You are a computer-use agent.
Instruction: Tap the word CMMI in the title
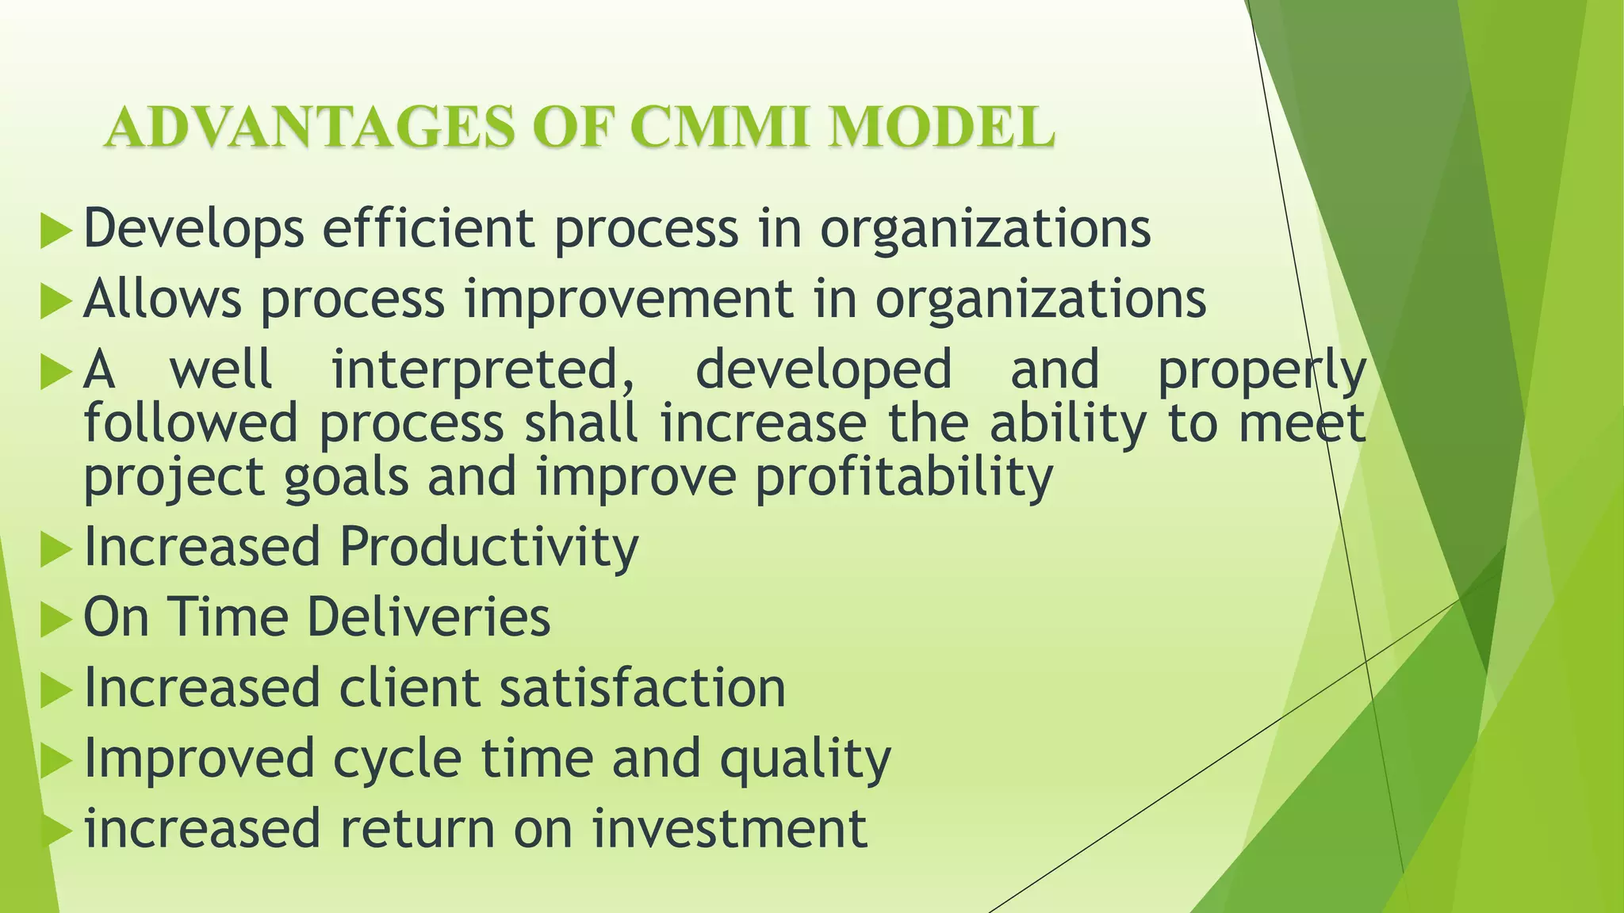click(722, 128)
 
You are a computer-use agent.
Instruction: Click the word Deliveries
click(428, 617)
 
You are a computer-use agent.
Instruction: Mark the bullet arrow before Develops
click(56, 232)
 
